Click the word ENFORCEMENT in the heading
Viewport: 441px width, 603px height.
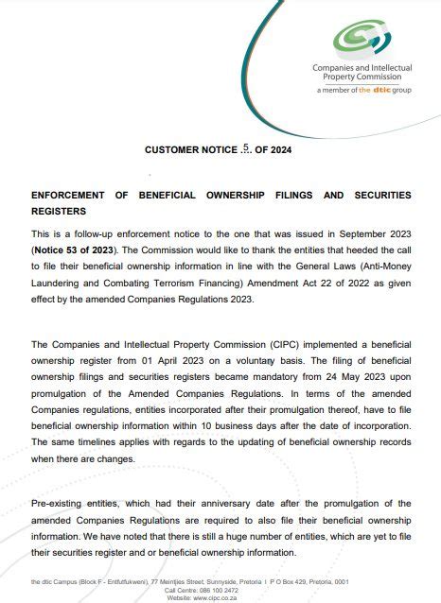click(74, 195)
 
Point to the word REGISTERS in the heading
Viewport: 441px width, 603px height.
click(59, 212)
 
